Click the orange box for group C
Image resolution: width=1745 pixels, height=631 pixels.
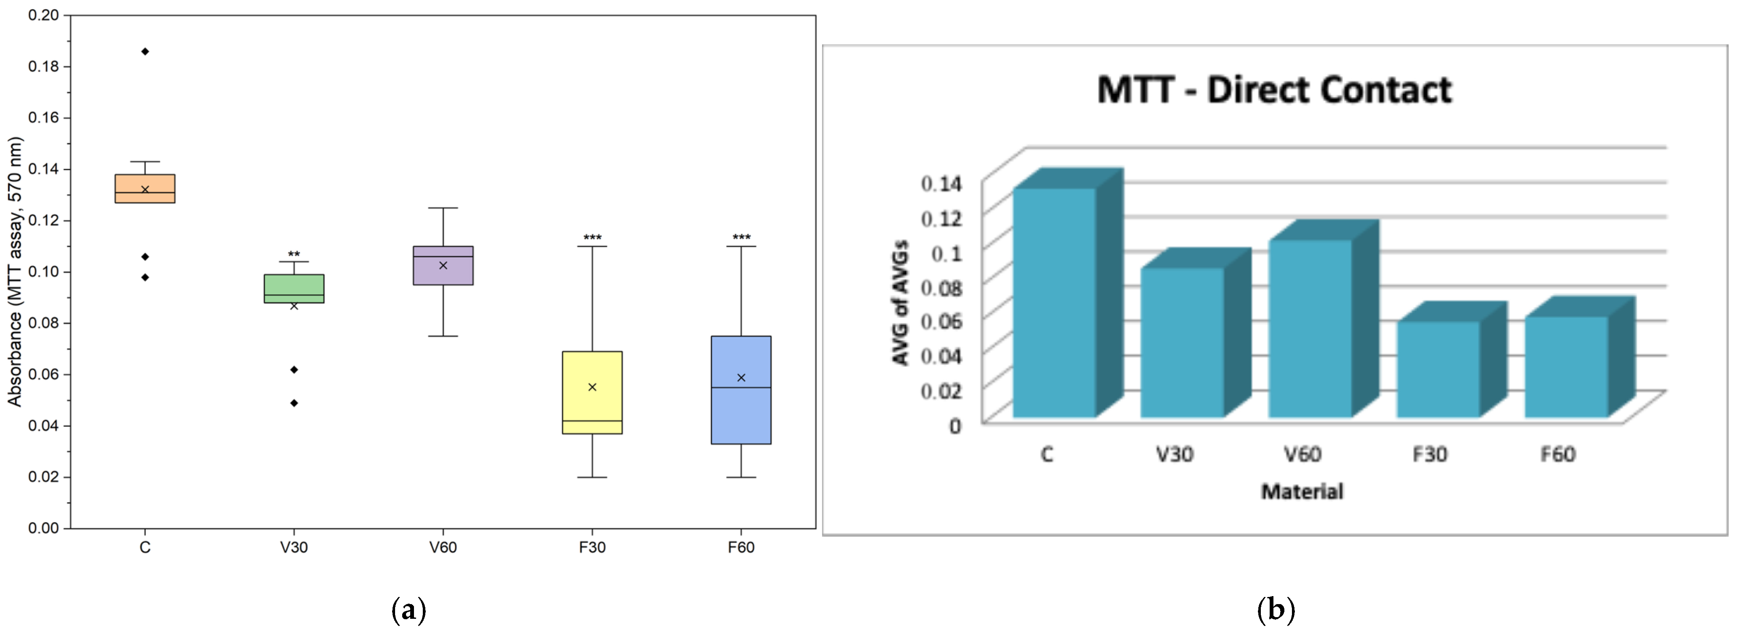point(145,188)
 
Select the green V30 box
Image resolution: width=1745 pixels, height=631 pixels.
point(294,289)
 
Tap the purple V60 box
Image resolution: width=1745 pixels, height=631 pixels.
point(443,266)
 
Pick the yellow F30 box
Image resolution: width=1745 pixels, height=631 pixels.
point(592,392)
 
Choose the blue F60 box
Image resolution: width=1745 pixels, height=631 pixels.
point(741,390)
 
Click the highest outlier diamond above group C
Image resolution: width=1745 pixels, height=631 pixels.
point(145,52)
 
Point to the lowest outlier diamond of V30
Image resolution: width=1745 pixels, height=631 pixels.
point(294,403)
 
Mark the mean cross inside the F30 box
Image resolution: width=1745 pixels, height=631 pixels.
point(592,387)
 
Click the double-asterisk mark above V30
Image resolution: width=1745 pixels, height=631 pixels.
point(294,255)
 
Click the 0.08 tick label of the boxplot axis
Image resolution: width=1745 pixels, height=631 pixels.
point(43,322)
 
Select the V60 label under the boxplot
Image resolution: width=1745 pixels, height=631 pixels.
point(443,547)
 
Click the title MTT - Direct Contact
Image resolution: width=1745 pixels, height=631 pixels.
point(1274,90)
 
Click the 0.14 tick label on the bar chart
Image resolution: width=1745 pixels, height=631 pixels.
point(941,183)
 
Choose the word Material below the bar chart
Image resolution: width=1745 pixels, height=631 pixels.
point(1301,491)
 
